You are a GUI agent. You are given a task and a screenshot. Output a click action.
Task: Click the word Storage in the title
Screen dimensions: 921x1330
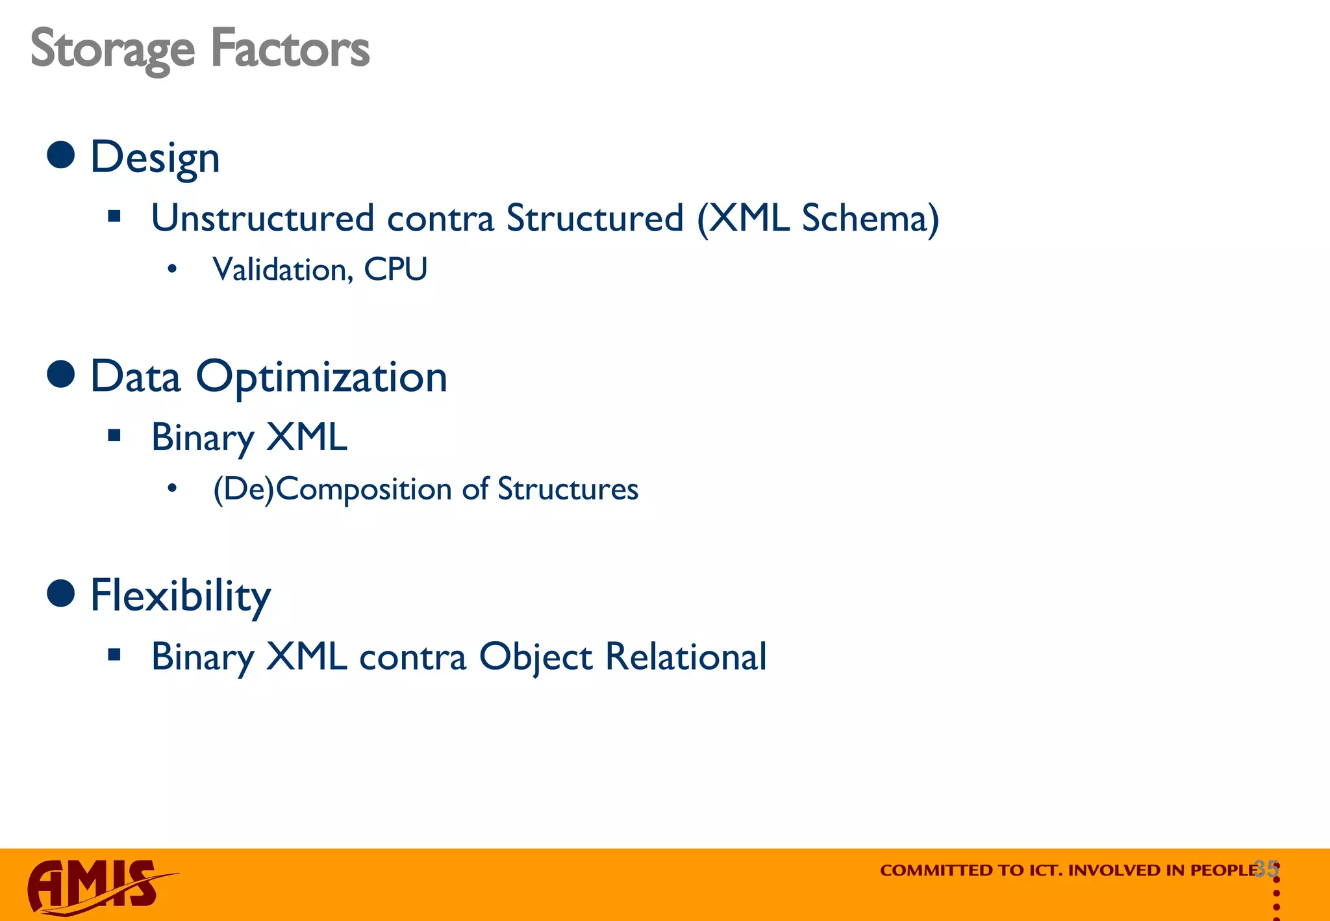click(112, 49)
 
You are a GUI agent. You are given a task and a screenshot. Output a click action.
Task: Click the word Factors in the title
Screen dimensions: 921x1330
click(290, 49)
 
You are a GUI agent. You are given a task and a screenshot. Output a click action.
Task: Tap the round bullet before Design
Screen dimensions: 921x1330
click(61, 155)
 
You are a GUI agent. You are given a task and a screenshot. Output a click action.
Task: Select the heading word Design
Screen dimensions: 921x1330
click(155, 158)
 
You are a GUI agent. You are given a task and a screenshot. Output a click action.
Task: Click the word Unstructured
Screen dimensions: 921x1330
click(262, 218)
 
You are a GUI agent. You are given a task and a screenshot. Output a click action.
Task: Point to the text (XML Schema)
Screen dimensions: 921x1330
click(818, 218)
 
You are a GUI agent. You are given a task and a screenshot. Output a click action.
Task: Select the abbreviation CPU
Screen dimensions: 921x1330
click(395, 269)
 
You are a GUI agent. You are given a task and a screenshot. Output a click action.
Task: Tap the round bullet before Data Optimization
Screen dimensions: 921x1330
click(61, 375)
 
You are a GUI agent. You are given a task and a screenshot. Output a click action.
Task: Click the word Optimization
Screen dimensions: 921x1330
click(321, 377)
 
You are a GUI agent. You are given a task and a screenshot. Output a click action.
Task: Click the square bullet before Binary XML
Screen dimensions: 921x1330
click(114, 435)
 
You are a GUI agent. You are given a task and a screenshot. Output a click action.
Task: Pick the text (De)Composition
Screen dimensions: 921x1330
click(333, 489)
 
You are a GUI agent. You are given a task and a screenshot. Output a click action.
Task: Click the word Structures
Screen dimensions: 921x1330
click(568, 489)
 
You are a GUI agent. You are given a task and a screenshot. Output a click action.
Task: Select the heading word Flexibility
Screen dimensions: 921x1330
click(180, 596)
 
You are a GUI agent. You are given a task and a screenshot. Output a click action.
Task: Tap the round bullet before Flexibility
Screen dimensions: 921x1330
click(61, 594)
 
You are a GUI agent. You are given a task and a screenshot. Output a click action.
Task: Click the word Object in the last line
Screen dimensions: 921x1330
click(535, 657)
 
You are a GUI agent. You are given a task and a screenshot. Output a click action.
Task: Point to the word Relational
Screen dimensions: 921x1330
click(686, 656)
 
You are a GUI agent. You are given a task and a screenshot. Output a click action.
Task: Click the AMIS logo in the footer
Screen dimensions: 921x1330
click(97, 886)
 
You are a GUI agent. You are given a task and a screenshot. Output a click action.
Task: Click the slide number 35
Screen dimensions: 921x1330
click(1266, 868)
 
